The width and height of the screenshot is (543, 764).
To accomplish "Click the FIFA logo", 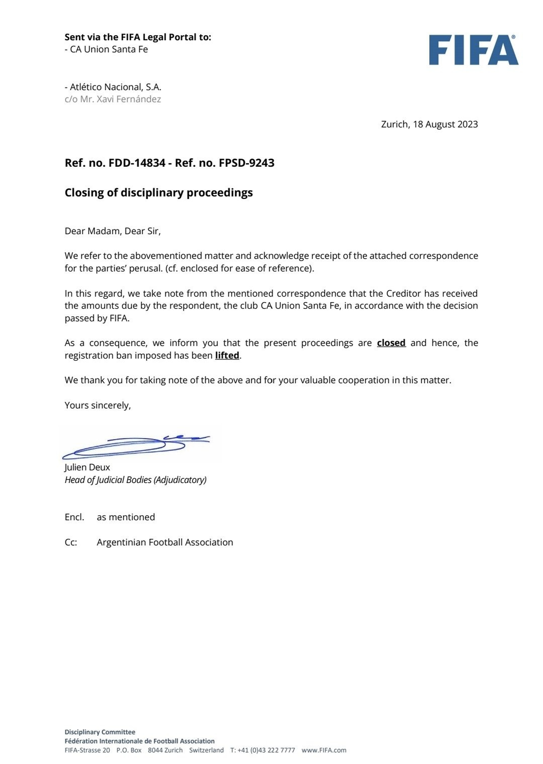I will tap(473, 50).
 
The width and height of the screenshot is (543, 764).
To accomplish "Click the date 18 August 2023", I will tap(445, 124).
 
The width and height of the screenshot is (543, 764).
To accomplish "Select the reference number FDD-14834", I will tap(137, 163).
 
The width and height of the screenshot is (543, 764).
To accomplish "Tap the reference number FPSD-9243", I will tap(247, 163).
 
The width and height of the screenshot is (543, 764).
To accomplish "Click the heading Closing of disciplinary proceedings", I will tap(158, 193).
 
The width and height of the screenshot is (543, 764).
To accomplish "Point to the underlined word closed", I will tap(391, 343).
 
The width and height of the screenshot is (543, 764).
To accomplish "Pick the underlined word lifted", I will tap(227, 356).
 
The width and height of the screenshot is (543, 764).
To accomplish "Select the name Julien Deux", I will tap(87, 467).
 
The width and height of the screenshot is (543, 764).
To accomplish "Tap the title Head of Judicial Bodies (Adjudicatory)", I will tap(135, 480).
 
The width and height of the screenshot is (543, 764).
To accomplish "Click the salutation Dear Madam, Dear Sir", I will tap(112, 231).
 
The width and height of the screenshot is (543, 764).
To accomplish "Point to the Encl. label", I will tap(74, 517).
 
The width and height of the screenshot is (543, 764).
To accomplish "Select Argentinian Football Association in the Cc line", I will tap(165, 542).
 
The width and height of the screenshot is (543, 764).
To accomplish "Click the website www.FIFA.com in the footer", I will tap(324, 750).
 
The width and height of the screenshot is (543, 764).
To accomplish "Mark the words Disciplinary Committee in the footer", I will tap(100, 732).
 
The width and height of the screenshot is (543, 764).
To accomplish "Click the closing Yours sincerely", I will tap(97, 406).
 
